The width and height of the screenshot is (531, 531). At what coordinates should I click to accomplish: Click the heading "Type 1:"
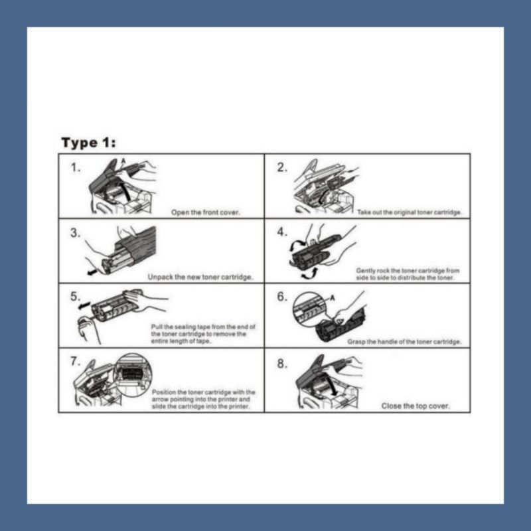[88, 143]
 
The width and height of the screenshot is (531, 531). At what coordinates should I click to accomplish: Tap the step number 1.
[75, 168]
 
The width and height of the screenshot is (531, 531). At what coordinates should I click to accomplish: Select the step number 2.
[282, 167]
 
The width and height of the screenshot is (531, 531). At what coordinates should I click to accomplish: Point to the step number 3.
[75, 233]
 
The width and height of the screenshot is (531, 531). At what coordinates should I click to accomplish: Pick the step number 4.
[282, 232]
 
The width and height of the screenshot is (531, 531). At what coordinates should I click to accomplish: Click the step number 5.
[75, 297]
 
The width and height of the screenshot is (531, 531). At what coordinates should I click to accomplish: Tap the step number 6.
[282, 297]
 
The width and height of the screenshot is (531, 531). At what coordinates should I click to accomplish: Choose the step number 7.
[75, 361]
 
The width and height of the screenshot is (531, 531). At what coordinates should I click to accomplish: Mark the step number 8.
[282, 364]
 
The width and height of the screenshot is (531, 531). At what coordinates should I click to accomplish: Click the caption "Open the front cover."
[206, 212]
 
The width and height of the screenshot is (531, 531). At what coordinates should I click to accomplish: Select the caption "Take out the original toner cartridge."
[410, 212]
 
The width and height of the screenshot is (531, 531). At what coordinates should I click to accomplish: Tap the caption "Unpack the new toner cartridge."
[200, 277]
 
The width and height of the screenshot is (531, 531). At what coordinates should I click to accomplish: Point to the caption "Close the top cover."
[416, 406]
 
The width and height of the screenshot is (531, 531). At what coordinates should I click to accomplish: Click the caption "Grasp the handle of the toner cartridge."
[404, 342]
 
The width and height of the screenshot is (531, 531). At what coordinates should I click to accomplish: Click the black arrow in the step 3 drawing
[92, 272]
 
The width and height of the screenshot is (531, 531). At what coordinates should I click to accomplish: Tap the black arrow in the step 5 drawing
[84, 306]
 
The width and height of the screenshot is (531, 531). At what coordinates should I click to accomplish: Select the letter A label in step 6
[333, 298]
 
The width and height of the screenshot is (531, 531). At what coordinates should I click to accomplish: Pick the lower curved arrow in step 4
[310, 273]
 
